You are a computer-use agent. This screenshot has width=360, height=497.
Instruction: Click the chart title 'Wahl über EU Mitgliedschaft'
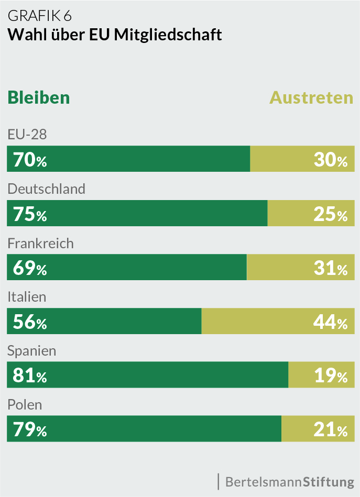click(x=114, y=35)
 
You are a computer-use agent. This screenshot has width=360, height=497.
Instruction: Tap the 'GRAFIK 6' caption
click(x=39, y=16)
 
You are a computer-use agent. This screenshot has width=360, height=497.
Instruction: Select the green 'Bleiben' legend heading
click(x=38, y=97)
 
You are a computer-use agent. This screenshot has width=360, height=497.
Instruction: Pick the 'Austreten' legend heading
click(x=311, y=97)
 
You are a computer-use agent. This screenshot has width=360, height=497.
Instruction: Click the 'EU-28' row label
click(x=27, y=135)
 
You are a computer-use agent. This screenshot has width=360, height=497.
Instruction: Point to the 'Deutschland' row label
click(x=46, y=189)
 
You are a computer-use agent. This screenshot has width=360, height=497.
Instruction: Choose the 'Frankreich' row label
click(x=40, y=243)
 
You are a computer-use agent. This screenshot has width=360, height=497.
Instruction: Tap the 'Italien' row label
click(x=27, y=297)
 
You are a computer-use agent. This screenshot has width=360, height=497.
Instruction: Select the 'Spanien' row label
click(x=31, y=351)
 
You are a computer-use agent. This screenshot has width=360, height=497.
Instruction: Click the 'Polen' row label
click(x=25, y=405)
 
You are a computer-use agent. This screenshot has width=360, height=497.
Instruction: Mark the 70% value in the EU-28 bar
click(x=30, y=159)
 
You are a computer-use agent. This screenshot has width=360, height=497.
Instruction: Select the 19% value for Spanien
click(x=331, y=375)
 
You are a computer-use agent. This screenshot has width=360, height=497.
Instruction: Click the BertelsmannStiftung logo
click(x=289, y=481)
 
